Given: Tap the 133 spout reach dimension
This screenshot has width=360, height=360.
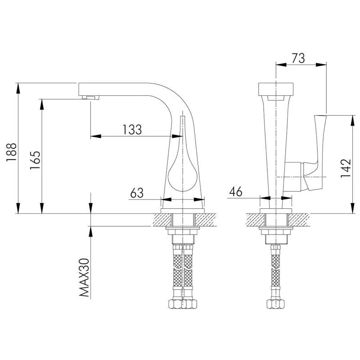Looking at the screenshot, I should (x=132, y=130).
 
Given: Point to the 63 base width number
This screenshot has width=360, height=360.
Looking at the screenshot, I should (x=137, y=193).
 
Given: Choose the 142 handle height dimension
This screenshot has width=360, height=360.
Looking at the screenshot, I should (x=345, y=168).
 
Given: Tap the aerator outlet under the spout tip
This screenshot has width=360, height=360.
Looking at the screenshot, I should (x=90, y=98).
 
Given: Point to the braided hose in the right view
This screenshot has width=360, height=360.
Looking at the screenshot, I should (x=275, y=272).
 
